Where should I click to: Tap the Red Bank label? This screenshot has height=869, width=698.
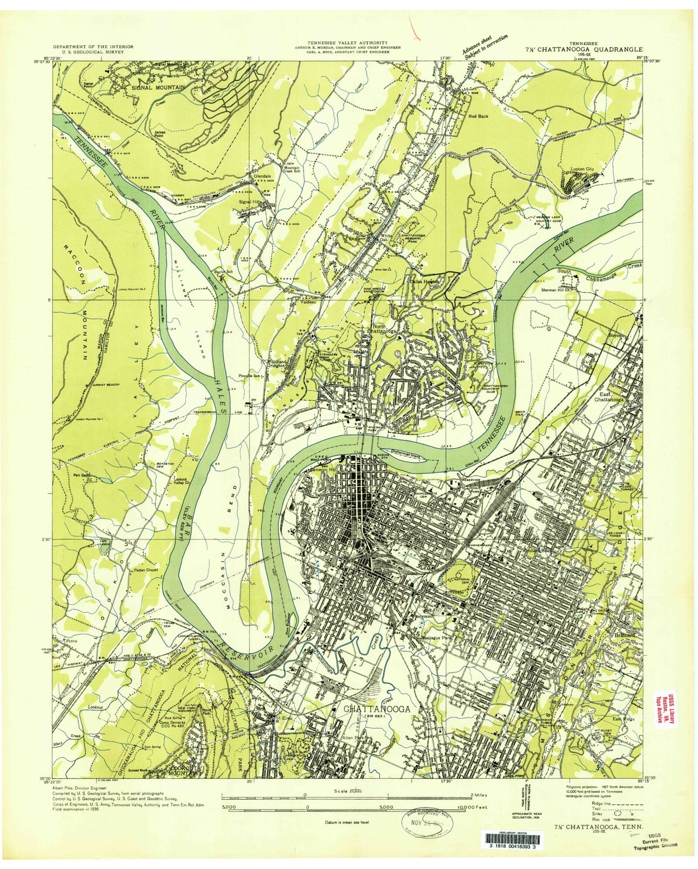click(478, 116)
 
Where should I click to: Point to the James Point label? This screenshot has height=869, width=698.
click(160, 134)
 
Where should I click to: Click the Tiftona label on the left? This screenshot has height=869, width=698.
click(63, 641)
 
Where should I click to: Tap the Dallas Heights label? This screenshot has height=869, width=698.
click(424, 281)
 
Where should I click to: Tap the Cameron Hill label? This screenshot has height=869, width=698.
click(313, 469)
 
